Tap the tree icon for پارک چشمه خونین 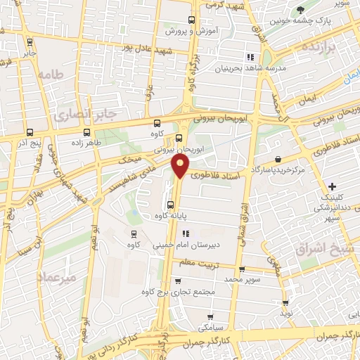pos(302,10)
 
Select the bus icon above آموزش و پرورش pos(192,20)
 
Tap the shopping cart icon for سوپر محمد pos(242,269)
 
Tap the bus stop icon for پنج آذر pos(30,131)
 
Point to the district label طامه pos(51,74)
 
